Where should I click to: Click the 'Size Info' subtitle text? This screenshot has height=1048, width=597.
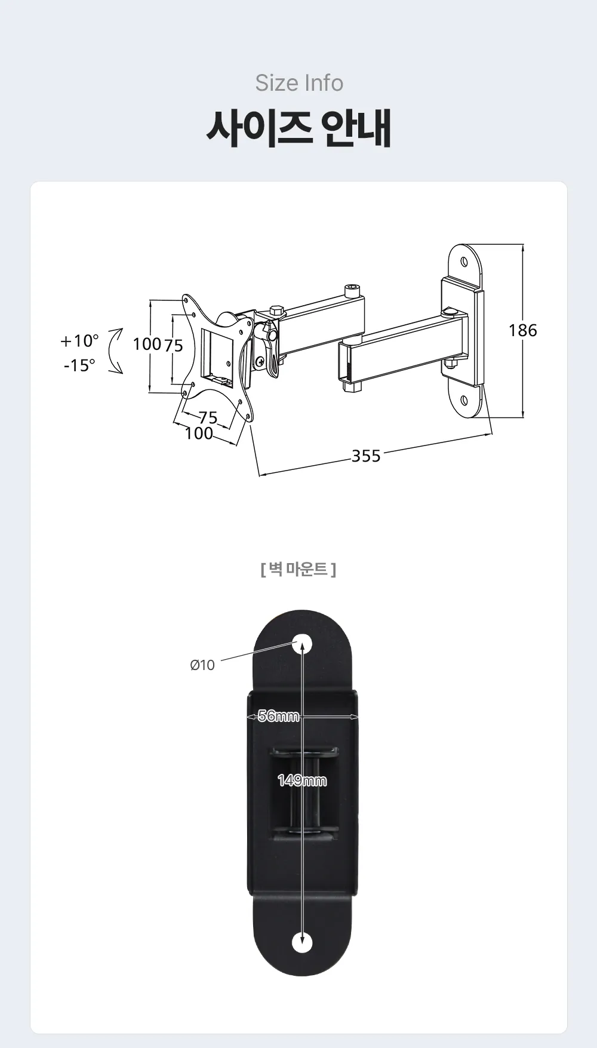coord(299,83)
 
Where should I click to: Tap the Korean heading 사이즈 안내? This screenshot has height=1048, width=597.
coord(299,128)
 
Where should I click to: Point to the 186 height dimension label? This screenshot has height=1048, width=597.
coord(523,330)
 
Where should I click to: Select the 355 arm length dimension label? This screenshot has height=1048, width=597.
coord(366,456)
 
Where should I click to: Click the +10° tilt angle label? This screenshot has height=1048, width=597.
coord(79,341)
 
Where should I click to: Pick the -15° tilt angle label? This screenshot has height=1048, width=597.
coord(79,365)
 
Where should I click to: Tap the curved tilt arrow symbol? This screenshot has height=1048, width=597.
coord(116,351)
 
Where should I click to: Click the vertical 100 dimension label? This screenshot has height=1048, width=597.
coord(147,344)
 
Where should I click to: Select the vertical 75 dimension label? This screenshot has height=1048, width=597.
coord(173,345)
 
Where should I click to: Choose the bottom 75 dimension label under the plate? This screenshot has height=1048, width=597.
coord(208,417)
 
